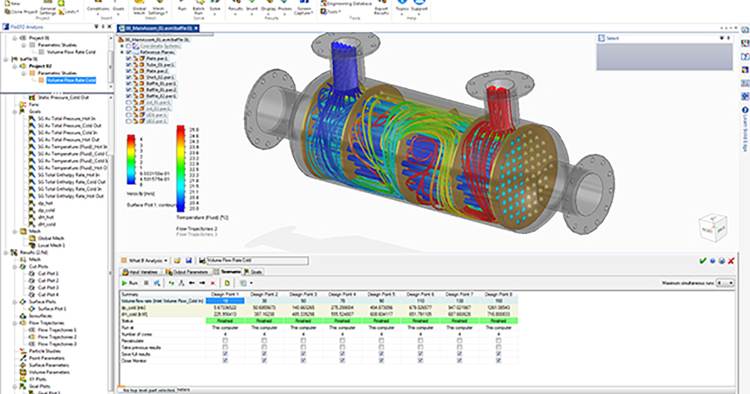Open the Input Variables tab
click(x=142, y=272)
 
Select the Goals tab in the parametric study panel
click(x=254, y=272)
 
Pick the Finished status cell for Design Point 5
click(x=382, y=321)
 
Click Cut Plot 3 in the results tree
click(x=48, y=287)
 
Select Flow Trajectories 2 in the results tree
click(x=58, y=336)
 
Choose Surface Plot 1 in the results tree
click(x=52, y=308)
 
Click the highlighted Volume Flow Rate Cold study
click(x=71, y=81)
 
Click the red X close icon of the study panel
click(x=731, y=260)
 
